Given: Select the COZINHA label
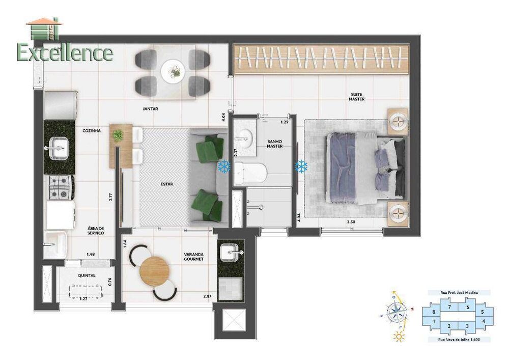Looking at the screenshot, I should (92, 131).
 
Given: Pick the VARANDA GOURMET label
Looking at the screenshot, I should (193, 256).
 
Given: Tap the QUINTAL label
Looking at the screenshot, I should (87, 275).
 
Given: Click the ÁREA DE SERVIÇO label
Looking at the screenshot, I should (96, 231).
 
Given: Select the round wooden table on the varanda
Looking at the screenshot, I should (154, 270).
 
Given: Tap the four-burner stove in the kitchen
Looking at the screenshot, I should (60, 187).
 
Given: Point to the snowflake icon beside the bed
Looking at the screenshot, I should (301, 166).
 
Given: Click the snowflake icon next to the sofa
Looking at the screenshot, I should (224, 166).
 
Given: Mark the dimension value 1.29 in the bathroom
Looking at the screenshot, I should (285, 123).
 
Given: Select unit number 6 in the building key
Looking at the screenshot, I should (467, 307).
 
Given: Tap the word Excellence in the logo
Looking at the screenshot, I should (65, 52).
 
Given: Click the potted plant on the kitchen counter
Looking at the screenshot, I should (118, 135).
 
